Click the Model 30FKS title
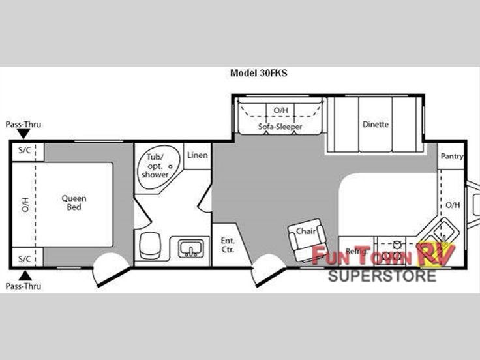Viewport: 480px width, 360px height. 259,73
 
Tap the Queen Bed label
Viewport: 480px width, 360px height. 74,203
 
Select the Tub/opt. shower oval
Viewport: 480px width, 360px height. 158,167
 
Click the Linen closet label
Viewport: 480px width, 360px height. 198,155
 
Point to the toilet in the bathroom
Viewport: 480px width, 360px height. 150,245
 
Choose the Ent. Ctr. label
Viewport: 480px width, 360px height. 228,245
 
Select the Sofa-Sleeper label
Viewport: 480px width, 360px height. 280,127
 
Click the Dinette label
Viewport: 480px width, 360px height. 375,125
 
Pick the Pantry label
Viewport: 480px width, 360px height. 452,156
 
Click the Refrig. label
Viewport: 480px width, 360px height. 356,252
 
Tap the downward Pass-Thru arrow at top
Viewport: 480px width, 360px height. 23,134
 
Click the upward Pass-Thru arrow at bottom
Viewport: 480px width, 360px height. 25,275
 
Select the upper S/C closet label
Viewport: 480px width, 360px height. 25,150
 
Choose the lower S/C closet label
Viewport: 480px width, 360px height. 25,259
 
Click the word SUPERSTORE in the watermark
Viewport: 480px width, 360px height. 382,276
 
